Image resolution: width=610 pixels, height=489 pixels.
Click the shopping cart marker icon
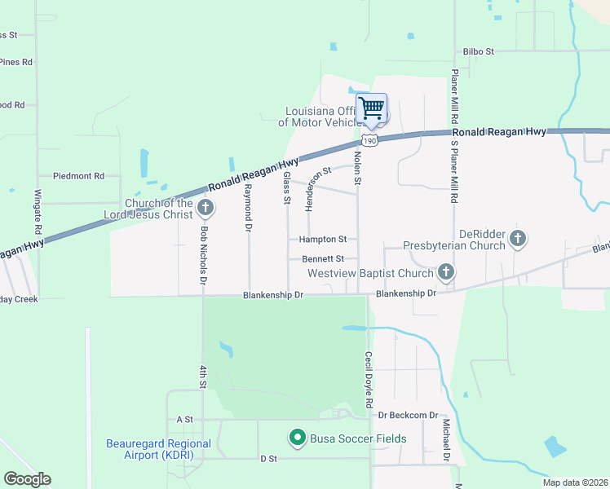tap(371, 108)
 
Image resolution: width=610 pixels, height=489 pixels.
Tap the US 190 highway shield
tap(370, 141)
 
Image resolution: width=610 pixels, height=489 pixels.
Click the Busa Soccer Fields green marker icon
tap(298, 438)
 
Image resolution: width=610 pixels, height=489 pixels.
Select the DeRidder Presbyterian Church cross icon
tap(517, 239)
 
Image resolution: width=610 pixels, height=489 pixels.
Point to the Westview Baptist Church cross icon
tap(445, 271)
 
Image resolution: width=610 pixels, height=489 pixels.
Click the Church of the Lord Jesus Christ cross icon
tap(206, 208)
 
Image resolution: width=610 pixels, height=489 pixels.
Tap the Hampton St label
tap(323, 240)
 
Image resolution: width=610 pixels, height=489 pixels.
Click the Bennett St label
tap(324, 259)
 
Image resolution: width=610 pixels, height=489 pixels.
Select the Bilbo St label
tap(479, 51)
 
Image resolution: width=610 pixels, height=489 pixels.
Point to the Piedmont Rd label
tap(78, 176)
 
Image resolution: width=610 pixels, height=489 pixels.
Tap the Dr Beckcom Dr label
tap(408, 415)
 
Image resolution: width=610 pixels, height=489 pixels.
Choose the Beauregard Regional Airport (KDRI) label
tap(158, 449)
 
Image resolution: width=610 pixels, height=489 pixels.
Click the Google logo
tap(27, 479)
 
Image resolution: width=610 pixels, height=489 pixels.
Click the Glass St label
tap(287, 189)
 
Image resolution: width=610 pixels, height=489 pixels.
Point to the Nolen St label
tap(357, 166)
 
